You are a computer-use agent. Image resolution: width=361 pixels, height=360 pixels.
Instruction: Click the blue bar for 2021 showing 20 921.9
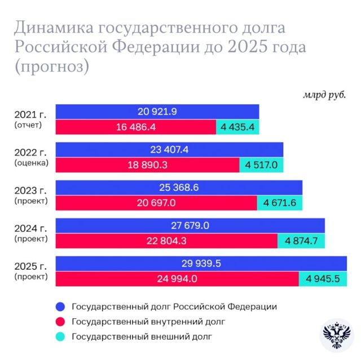point(157,112)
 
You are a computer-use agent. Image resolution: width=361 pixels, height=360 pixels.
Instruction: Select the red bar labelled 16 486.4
point(135,127)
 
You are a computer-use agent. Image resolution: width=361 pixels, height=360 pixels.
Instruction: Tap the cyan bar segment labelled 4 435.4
point(237,127)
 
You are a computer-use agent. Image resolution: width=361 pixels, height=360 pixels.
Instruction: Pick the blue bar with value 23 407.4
point(169,150)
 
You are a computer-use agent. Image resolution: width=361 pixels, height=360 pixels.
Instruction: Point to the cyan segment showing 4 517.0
point(261,165)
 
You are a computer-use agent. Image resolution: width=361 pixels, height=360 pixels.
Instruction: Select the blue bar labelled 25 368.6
point(179,188)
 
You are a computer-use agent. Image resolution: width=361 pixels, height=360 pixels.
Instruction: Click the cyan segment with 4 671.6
point(280,203)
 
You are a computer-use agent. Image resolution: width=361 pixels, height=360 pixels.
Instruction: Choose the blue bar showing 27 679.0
point(190,226)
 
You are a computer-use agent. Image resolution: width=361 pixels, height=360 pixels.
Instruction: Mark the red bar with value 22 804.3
point(166,241)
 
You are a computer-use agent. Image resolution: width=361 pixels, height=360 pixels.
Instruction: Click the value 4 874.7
point(301,241)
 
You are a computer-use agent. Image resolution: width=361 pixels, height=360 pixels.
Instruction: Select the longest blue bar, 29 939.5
point(201,264)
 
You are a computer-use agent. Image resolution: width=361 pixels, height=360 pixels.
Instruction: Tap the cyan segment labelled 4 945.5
point(323,279)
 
